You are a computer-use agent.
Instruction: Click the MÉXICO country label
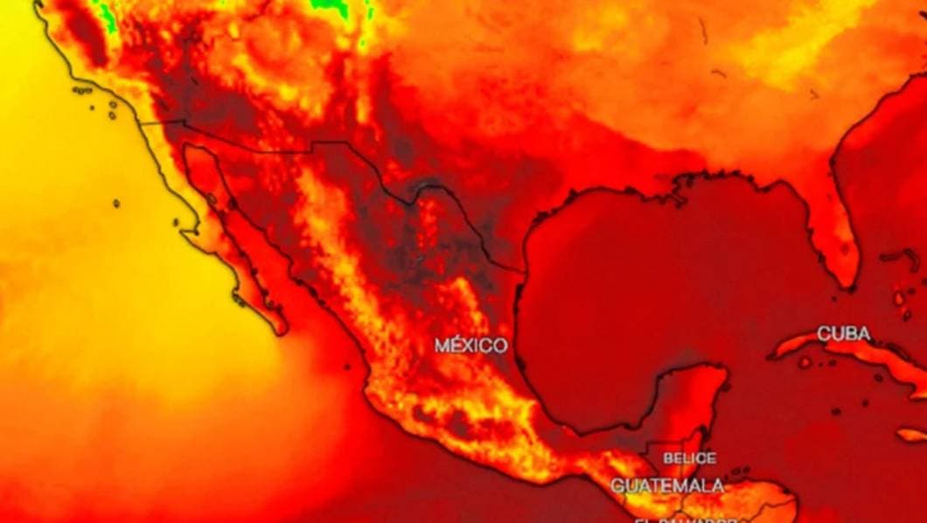tap(470, 345)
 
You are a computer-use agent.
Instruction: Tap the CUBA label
tap(843, 334)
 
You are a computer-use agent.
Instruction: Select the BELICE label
tap(689, 458)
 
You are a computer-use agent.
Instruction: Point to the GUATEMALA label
tap(667, 485)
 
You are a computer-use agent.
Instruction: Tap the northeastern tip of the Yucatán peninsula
tap(724, 371)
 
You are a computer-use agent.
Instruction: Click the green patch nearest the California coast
tap(108, 12)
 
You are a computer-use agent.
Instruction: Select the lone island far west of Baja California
tap(115, 203)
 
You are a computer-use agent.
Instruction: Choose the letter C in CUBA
tap(824, 334)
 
